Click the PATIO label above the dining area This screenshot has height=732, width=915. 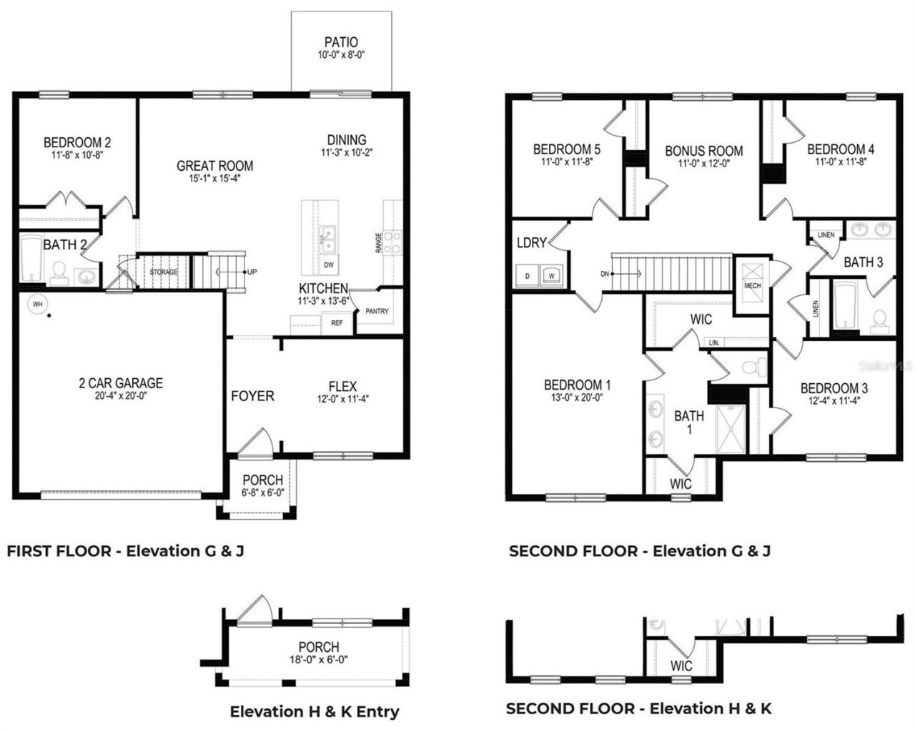340,42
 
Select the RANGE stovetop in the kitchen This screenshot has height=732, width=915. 392,242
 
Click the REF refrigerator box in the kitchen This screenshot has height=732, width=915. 337,323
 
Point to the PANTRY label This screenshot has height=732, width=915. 377,312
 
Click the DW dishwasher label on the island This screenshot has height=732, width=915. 329,265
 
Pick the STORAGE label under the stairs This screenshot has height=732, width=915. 163,272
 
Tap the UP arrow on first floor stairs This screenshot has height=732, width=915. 252,272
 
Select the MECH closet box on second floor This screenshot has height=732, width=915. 753,275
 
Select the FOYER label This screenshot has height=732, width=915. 252,396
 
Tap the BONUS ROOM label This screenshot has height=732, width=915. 703,151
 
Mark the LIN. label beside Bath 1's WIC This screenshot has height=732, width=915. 713,343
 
